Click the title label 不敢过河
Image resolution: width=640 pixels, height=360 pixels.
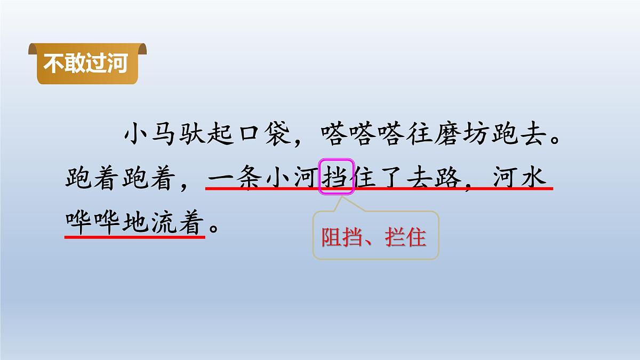85,64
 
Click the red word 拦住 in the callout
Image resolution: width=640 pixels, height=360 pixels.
408,237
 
